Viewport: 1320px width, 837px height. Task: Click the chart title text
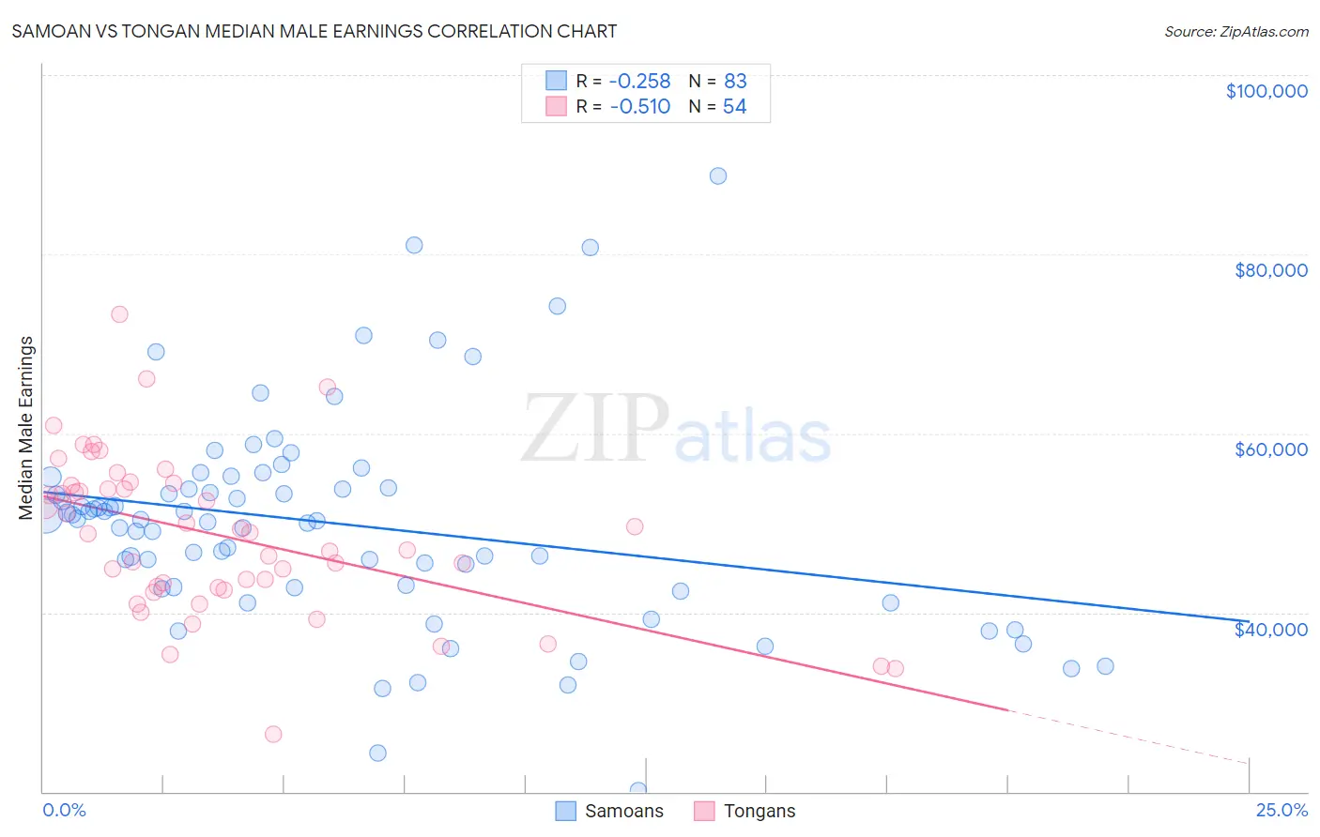click(x=315, y=31)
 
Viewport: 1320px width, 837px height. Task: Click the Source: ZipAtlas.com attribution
click(x=1236, y=31)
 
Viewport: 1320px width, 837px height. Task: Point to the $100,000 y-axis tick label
click(x=1266, y=91)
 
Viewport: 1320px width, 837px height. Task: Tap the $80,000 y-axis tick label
click(x=1270, y=270)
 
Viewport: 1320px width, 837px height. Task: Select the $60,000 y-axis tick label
click(x=1270, y=449)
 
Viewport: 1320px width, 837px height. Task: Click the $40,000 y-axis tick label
click(x=1270, y=629)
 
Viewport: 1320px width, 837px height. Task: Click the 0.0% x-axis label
click(x=64, y=810)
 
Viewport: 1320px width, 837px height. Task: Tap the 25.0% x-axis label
click(x=1281, y=810)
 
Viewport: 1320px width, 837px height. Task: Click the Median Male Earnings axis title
click(x=26, y=428)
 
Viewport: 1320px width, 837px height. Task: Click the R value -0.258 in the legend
click(x=639, y=81)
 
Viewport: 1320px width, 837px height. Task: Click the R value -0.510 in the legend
click(x=639, y=107)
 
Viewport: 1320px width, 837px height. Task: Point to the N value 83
click(x=734, y=81)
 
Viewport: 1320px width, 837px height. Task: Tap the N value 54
click(x=734, y=107)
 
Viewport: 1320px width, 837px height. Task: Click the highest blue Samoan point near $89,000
click(x=718, y=175)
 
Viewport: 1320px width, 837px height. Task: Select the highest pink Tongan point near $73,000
click(x=119, y=314)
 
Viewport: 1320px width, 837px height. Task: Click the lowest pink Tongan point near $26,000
click(x=273, y=734)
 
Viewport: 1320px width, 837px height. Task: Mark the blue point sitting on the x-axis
click(x=638, y=790)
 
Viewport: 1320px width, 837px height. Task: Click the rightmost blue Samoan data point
click(x=1105, y=666)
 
